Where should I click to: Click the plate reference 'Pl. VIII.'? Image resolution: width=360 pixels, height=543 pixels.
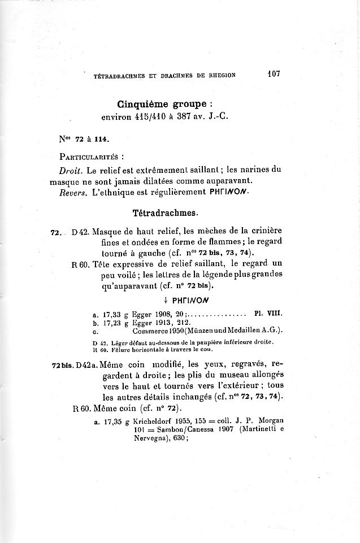click(269, 311)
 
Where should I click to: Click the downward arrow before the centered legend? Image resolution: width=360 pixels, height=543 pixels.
click(164, 300)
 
